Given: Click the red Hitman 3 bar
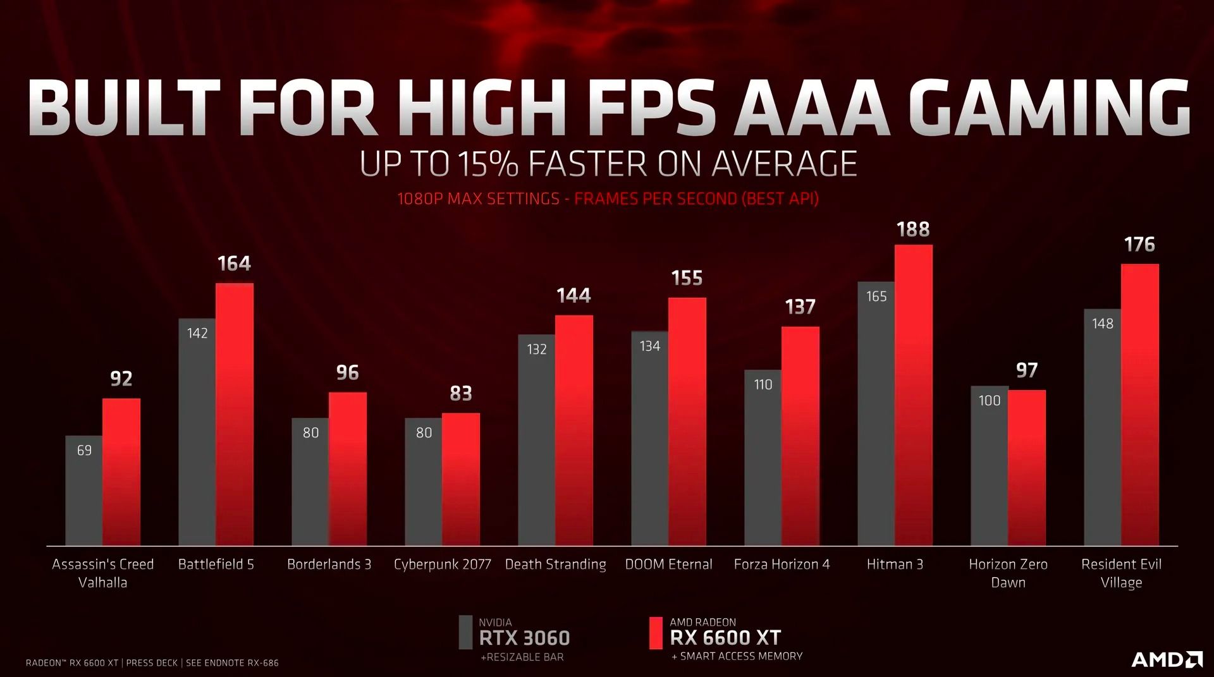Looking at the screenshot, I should (913, 395).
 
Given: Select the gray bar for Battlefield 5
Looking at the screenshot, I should (197, 442).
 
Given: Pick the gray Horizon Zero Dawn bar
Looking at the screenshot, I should (989, 468).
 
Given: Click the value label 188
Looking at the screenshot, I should (913, 229).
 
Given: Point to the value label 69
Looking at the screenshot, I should (84, 450).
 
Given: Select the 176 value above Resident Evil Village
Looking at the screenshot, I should (1139, 245).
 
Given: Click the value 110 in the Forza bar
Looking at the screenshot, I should (763, 384).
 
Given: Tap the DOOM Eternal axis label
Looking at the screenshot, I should (668, 564).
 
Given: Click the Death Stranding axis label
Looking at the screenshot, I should (555, 564).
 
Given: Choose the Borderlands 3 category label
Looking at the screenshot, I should (329, 564).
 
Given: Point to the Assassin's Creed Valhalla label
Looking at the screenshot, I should (102, 573).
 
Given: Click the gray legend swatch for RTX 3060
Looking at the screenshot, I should (465, 632).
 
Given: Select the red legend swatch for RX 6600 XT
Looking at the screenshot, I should (656, 633).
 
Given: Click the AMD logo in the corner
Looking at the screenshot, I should (1167, 659).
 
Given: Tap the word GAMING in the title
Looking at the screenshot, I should (1053, 107).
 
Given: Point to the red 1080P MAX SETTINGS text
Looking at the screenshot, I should (478, 199).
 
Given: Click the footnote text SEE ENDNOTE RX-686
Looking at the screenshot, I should (232, 662).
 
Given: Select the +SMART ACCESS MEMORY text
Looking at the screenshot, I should (737, 656).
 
